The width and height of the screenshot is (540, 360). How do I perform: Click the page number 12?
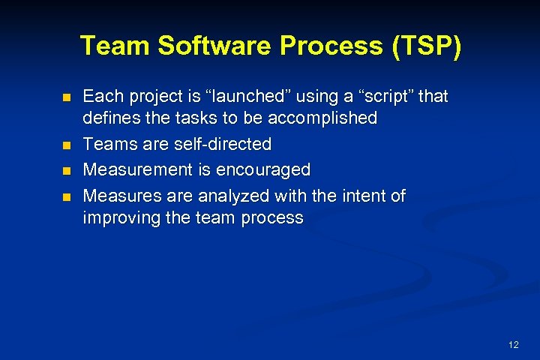pyautogui.click(x=513, y=345)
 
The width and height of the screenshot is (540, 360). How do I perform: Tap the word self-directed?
pyautogui.click(x=223, y=143)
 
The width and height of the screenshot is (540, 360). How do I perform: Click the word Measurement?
pyautogui.click(x=139, y=170)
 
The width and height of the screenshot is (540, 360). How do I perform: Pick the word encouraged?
pyautogui.click(x=262, y=170)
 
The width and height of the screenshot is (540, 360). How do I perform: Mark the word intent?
pyautogui.click(x=364, y=196)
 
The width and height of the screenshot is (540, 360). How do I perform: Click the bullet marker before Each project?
pyautogui.click(x=66, y=98)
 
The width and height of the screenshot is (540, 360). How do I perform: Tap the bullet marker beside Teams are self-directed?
pyautogui.click(x=66, y=145)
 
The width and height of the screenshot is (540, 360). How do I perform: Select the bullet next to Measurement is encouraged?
pyautogui.click(x=66, y=171)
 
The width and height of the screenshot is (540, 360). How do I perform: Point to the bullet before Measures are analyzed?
pyautogui.click(x=66, y=197)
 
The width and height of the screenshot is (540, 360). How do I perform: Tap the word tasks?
pyautogui.click(x=187, y=118)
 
